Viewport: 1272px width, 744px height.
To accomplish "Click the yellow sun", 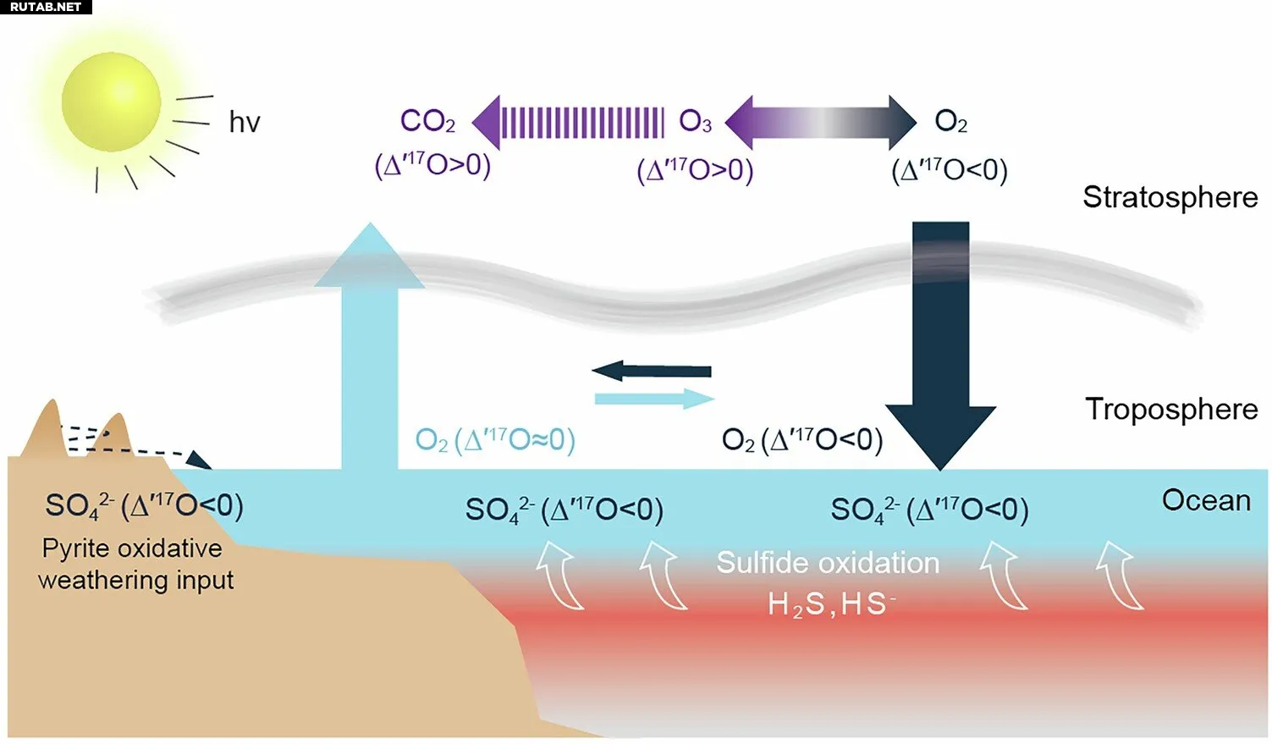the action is [x=111, y=102].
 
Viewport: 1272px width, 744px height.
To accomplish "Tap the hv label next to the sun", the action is [x=245, y=122].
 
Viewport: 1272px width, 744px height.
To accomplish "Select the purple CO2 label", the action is [x=427, y=122].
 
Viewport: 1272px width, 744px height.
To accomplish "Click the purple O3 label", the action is [x=695, y=122].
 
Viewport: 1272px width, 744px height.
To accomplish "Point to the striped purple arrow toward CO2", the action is [x=568, y=123].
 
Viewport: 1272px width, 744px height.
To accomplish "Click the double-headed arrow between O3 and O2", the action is [x=821, y=123].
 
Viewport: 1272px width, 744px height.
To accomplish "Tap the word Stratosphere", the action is [x=1170, y=198].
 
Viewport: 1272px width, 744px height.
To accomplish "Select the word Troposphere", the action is [x=1171, y=410].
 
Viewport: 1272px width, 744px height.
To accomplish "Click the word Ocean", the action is [x=1206, y=500].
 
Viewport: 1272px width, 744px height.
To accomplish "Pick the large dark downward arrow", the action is [x=940, y=346].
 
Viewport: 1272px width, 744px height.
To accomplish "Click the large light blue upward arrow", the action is [x=370, y=346].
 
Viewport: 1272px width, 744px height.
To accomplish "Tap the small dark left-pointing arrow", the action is [x=652, y=371].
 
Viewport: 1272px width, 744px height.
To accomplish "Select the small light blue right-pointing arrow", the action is [x=655, y=399].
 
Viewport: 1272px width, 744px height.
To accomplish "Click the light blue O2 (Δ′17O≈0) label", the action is [x=495, y=440].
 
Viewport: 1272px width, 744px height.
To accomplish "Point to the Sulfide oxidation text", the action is [x=828, y=563].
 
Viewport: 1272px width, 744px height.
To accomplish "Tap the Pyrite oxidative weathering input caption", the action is [x=135, y=565].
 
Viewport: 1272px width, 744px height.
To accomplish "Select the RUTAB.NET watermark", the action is [x=46, y=7].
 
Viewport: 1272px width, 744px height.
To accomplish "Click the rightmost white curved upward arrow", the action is [x=1119, y=576].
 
